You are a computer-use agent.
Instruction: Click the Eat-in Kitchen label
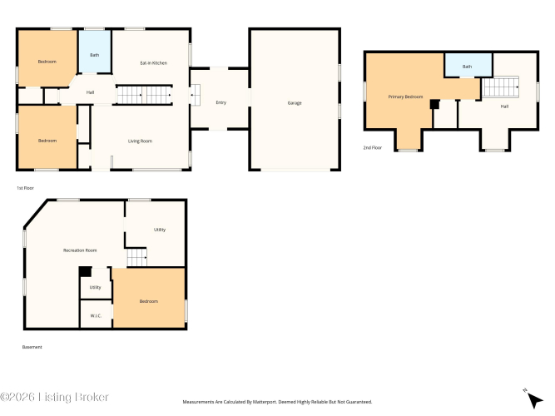click(154, 63)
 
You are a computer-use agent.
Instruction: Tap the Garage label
click(295, 103)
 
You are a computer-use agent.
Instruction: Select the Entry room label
click(221, 102)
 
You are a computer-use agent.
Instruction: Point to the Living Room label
click(140, 141)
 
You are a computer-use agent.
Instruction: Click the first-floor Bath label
click(95, 55)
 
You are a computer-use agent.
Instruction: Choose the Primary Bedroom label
click(405, 97)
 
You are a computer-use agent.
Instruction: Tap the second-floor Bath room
click(468, 65)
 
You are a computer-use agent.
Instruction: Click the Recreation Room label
click(80, 250)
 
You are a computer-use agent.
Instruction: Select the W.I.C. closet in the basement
click(96, 314)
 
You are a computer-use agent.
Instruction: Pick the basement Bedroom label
click(149, 301)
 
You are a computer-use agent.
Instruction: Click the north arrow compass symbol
click(533, 399)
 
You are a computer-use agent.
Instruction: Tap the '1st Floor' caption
click(26, 188)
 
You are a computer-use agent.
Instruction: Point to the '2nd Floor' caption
click(373, 147)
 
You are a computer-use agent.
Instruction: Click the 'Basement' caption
click(32, 347)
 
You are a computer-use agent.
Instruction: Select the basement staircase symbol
click(136, 257)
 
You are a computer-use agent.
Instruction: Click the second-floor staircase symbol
click(501, 87)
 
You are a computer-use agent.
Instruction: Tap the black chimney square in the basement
click(85, 271)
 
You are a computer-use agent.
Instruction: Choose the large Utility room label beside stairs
click(160, 230)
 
